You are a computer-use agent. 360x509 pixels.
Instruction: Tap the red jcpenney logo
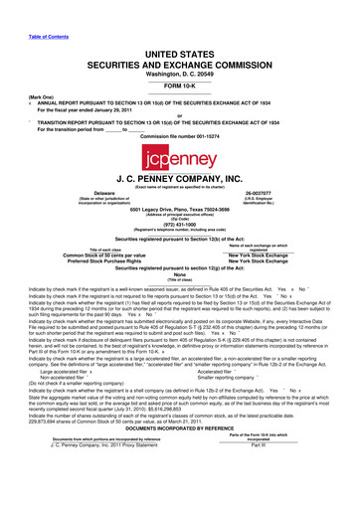tap(180, 154)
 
